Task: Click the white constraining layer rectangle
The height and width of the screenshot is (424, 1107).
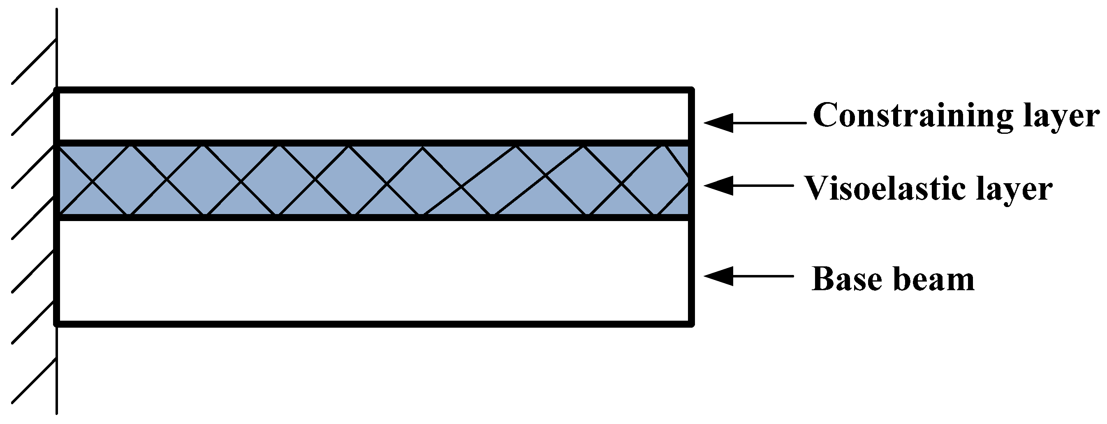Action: point(374,115)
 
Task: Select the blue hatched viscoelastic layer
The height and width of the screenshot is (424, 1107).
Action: point(374,180)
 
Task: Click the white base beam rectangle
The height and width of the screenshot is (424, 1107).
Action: point(374,271)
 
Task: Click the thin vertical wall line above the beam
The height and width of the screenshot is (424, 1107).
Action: point(57,47)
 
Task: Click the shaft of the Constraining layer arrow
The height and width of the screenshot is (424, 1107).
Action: point(769,123)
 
